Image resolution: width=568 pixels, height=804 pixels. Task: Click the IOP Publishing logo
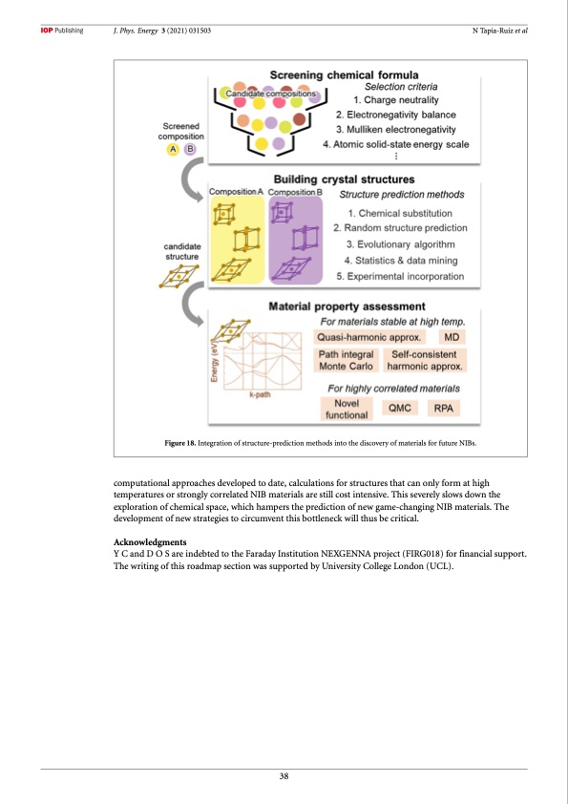tap(61, 31)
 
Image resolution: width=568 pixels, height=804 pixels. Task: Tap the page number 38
tap(284, 776)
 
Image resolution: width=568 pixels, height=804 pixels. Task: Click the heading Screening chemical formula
tap(344, 74)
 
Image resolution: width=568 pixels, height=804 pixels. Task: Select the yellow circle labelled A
tap(174, 149)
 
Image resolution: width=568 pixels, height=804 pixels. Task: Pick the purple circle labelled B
tap(190, 149)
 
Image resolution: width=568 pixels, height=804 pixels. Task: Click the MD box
tap(452, 337)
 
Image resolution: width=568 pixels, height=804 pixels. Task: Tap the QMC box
tap(400, 408)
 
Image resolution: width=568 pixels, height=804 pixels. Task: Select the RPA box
tap(444, 408)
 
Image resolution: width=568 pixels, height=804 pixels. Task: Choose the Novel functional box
tap(347, 410)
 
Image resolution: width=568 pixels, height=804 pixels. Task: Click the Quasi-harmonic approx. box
tap(369, 337)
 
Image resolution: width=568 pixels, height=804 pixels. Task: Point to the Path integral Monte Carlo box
tap(346, 360)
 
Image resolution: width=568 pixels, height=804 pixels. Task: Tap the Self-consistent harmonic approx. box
tap(425, 360)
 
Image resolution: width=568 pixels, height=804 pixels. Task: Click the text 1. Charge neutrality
tap(396, 100)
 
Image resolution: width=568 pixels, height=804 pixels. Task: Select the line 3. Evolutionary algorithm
tap(400, 244)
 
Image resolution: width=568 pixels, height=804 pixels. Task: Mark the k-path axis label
tap(260, 394)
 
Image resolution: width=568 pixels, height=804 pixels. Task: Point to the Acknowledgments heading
tap(150, 542)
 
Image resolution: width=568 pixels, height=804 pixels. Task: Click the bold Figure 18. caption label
tap(179, 443)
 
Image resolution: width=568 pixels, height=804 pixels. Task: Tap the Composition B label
tap(295, 192)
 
